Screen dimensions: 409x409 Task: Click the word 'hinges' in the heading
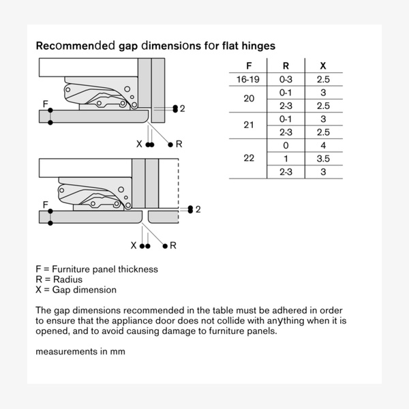255,46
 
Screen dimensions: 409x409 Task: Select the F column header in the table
247,67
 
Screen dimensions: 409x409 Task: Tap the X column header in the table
323,67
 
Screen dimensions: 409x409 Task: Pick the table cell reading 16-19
247,80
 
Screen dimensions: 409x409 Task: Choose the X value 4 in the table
323,145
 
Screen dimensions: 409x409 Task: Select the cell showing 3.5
323,158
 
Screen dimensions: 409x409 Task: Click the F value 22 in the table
248,158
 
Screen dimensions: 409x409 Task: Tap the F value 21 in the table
248,125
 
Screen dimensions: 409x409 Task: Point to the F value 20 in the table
248,99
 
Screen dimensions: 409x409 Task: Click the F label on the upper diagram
45,104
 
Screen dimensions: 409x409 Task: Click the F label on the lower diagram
45,204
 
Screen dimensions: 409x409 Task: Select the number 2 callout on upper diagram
182,108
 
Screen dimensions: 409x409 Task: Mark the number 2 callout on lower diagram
198,209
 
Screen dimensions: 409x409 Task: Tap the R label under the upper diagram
179,144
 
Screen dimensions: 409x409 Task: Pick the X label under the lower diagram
134,245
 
